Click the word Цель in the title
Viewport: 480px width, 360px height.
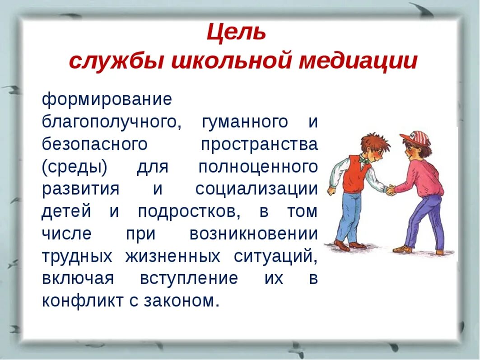click(x=236, y=33)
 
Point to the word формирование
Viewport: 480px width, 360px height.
click(x=107, y=99)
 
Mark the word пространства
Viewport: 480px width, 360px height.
click(x=259, y=145)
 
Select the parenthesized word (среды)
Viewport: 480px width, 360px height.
click(x=75, y=167)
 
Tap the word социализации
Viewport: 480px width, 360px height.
click(x=256, y=189)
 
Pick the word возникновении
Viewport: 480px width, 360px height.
click(x=253, y=234)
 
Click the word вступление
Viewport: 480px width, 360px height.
click(x=189, y=278)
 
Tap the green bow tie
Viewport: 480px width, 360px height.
click(x=363, y=159)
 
